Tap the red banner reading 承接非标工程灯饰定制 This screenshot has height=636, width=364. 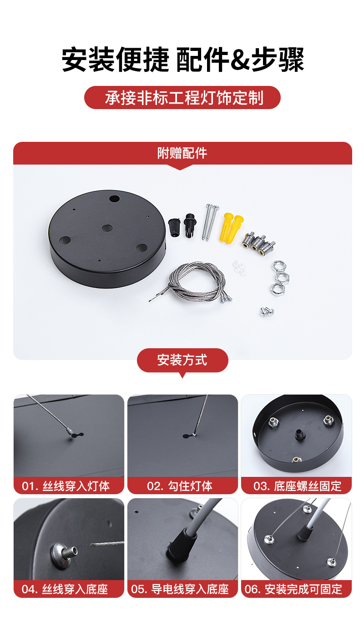pyautogui.click(x=182, y=97)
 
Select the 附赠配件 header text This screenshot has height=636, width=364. pyautogui.click(x=182, y=153)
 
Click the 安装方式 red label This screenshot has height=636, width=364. pyautogui.click(x=182, y=360)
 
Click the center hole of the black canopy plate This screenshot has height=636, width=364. pyautogui.click(x=107, y=228)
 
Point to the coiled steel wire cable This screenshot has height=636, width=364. pyautogui.click(x=193, y=280)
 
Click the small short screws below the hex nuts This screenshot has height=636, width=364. pyautogui.click(x=268, y=312)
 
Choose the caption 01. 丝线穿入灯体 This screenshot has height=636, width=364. pyautogui.click(x=66, y=486)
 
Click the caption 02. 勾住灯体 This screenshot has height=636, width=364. pyautogui.click(x=180, y=486)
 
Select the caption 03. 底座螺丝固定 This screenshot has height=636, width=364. pyautogui.click(x=297, y=486)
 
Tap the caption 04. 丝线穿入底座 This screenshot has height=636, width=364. pyautogui.click(x=65, y=590)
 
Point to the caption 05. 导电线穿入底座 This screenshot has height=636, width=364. pyautogui.click(x=180, y=590)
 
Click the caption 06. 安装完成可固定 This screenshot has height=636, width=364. pyautogui.click(x=293, y=590)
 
